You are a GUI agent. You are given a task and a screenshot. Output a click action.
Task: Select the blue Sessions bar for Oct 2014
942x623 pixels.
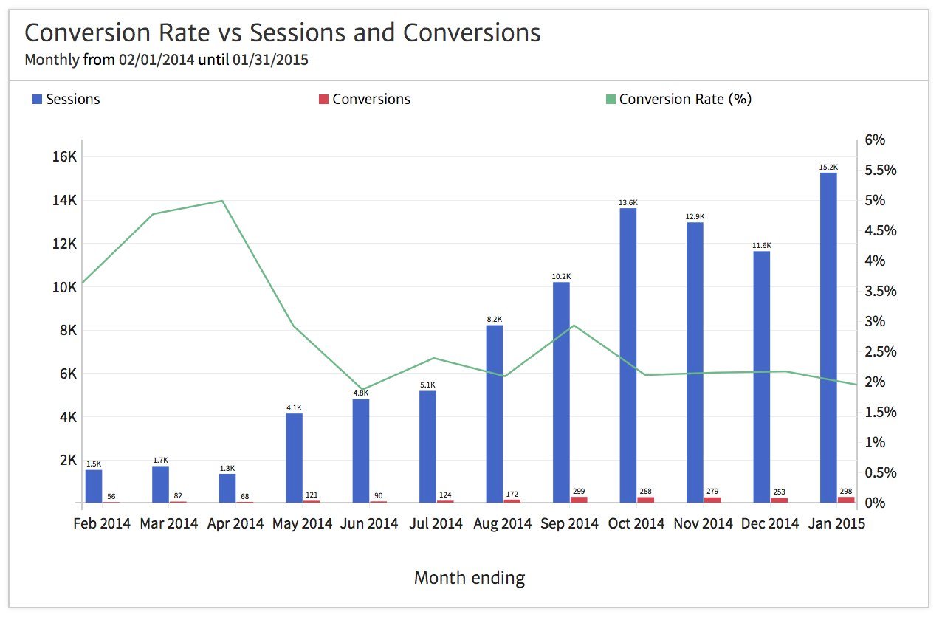pyautogui.click(x=628, y=355)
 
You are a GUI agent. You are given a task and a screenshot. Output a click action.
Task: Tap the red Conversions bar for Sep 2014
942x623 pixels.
pyautogui.click(x=579, y=500)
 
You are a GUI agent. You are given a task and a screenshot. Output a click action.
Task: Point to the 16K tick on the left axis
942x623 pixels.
pyautogui.click(x=63, y=156)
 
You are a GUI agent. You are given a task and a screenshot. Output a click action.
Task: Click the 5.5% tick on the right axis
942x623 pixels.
pyautogui.click(x=879, y=171)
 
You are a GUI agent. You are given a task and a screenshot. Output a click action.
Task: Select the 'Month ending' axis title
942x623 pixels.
pyautogui.click(x=470, y=577)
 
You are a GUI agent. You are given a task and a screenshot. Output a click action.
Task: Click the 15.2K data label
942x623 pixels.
pyautogui.click(x=828, y=168)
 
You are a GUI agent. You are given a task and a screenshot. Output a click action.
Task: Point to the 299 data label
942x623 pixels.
pyautogui.click(x=579, y=490)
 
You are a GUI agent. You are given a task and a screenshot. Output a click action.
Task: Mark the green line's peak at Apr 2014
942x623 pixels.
pyautogui.click(x=222, y=201)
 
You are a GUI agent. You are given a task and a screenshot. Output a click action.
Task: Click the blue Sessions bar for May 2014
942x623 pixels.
pyautogui.click(x=294, y=458)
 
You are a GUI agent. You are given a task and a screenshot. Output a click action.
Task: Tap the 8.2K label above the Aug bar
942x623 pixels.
pyautogui.click(x=494, y=320)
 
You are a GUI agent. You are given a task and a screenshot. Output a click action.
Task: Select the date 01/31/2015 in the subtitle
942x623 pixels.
pyautogui.click(x=270, y=60)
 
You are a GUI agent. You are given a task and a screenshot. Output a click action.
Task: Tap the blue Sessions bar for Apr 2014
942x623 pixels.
pyautogui.click(x=227, y=488)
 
